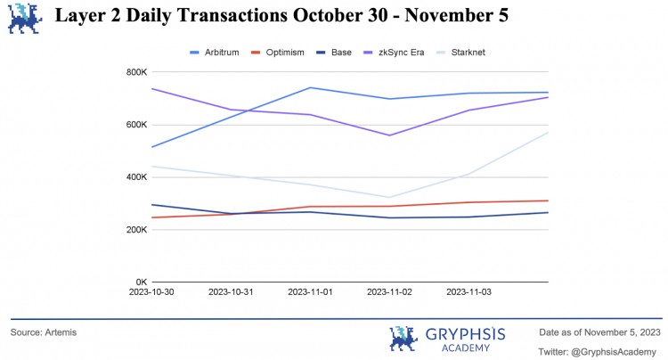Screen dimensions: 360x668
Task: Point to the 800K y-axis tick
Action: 135,72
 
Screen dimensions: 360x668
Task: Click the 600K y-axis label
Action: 135,125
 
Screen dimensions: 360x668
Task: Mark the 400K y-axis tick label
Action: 135,177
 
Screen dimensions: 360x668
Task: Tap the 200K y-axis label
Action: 135,230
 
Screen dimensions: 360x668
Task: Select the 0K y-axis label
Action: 141,282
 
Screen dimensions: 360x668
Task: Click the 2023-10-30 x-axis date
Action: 151,291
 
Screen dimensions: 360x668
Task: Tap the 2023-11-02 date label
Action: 391,291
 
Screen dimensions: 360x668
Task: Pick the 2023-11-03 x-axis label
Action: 470,291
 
